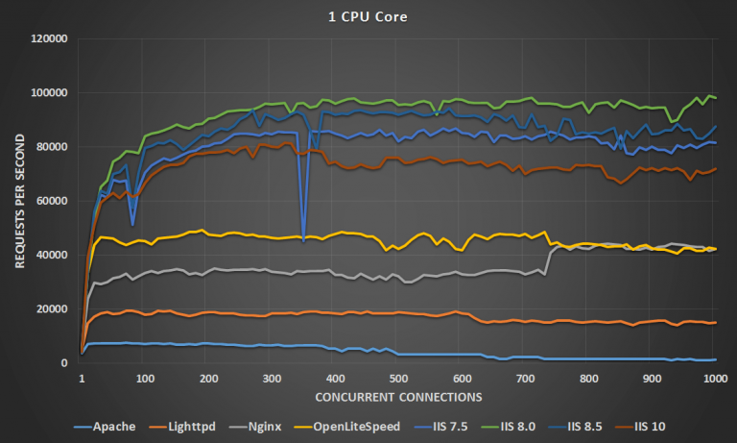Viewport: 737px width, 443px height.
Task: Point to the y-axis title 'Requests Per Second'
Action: tap(16, 201)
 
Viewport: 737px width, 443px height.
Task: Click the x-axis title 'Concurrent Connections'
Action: tap(397, 395)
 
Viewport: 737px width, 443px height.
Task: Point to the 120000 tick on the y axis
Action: tap(48, 39)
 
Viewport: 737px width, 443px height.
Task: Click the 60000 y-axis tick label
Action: tap(51, 201)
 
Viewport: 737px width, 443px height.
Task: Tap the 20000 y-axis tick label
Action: tap(51, 309)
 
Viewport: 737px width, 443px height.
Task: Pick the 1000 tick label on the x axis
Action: tap(714, 379)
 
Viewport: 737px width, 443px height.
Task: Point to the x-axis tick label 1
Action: tap(82, 379)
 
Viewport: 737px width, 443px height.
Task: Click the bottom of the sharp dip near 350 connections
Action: tap(304, 239)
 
